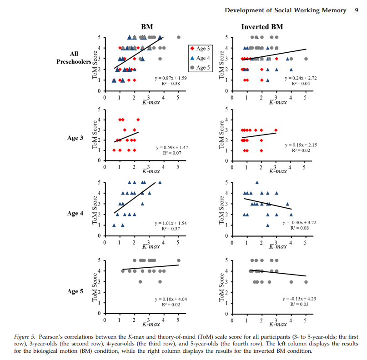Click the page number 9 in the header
[356, 10]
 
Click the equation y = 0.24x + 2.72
[301, 78]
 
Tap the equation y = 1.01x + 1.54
[171, 223]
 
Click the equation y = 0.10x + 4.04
[171, 299]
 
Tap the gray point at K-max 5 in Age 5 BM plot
[178, 260]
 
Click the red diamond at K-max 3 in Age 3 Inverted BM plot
[276, 130]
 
